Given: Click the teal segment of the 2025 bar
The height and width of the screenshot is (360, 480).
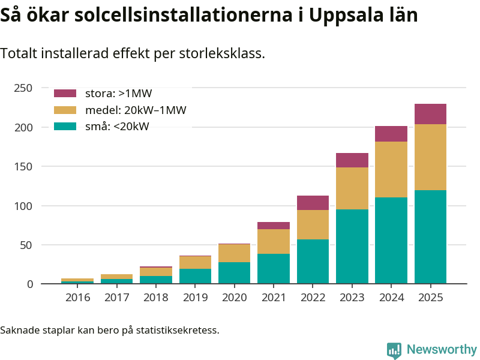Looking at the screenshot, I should (x=430, y=236).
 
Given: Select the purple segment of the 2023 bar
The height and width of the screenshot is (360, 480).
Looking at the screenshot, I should (x=352, y=160).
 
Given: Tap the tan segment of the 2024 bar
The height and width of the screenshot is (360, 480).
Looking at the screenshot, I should (x=391, y=169).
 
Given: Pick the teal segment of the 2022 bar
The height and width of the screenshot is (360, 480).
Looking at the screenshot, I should (x=313, y=261).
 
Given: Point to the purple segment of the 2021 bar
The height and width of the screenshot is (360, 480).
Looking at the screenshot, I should (x=274, y=226).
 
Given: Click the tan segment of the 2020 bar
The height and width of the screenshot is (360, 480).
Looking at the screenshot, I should (x=235, y=253).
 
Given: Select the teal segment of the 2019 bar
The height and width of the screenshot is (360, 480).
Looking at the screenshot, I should (x=196, y=276).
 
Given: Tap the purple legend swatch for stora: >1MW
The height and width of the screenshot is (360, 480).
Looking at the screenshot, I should (x=65, y=94).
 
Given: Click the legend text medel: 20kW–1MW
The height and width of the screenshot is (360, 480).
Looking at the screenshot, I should (x=136, y=110).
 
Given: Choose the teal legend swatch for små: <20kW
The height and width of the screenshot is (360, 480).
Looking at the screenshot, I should (x=65, y=126).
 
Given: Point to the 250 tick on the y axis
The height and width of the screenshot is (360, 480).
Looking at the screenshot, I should (x=23, y=88).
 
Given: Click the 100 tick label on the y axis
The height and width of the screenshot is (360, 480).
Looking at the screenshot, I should (x=23, y=206).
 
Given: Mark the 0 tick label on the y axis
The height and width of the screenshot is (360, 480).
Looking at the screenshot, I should (x=29, y=284).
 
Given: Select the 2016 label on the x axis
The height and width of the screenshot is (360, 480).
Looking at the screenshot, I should (x=78, y=298).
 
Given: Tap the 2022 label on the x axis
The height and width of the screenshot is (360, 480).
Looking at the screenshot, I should (x=313, y=298).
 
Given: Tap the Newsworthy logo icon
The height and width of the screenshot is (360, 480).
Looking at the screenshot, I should (x=394, y=350).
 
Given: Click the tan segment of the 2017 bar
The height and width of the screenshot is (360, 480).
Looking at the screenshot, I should (x=117, y=277).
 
